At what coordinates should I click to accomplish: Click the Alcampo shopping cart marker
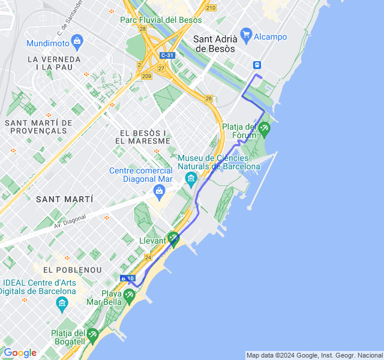[245, 34]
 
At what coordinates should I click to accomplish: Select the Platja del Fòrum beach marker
[264, 127]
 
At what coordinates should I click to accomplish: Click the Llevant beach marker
[173, 238]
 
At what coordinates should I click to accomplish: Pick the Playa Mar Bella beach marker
[129, 295]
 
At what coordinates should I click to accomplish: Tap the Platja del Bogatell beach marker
[92, 334]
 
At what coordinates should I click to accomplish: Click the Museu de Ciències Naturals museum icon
[191, 178]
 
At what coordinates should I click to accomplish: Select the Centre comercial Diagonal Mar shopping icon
[159, 191]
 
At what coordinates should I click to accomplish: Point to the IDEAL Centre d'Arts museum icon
[62, 304]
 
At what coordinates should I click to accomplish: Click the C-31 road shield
[167, 56]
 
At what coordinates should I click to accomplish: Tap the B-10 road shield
[127, 278]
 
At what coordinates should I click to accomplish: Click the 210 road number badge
[210, 8]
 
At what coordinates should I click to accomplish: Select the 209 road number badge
[147, 76]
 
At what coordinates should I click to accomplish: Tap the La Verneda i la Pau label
[54, 63]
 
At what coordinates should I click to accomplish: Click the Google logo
[20, 353]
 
